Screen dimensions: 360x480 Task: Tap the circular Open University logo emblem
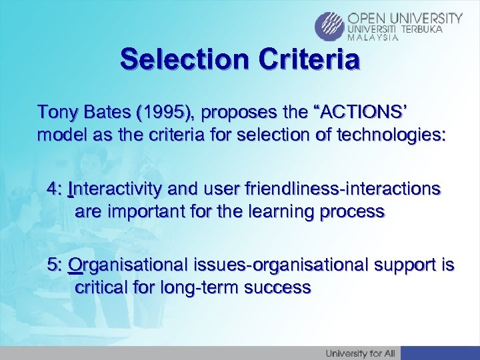click(329, 27)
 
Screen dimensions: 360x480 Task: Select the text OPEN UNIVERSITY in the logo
click(405, 18)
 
